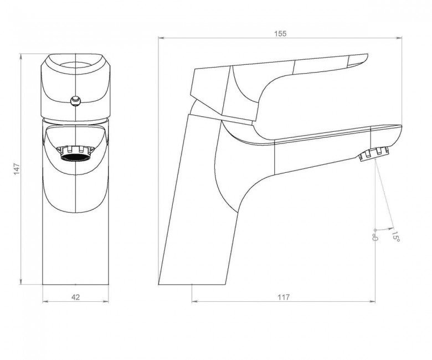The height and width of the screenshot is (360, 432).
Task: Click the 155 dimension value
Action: [x=280, y=34]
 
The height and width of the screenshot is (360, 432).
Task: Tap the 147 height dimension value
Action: [x=17, y=169]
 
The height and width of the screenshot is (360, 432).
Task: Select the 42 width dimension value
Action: [x=75, y=297]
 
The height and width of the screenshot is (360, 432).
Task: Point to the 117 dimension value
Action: [x=284, y=297]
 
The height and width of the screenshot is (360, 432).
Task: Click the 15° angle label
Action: [x=395, y=236]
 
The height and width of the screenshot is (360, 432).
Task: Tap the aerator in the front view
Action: [x=75, y=154]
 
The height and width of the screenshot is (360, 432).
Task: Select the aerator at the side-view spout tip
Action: [x=374, y=154]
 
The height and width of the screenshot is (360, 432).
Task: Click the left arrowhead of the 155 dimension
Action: [x=161, y=38]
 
